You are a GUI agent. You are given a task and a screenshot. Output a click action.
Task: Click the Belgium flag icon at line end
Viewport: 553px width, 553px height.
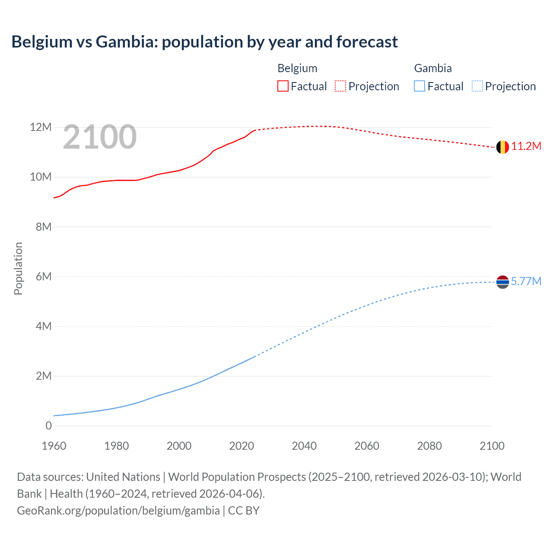502,147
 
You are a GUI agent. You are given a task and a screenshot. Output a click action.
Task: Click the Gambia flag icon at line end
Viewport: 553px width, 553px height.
502,282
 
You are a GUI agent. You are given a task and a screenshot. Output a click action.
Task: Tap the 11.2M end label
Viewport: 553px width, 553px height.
526,146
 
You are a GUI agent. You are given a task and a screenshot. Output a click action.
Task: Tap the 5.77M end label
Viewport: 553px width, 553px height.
526,282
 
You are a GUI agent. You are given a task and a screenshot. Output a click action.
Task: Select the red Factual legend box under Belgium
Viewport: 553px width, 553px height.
283,86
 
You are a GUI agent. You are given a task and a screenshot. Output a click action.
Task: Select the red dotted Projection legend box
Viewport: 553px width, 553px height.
340,86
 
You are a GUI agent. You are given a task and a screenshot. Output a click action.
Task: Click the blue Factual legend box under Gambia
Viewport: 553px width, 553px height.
420,86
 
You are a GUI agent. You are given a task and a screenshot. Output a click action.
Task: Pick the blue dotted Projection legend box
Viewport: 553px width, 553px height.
477,86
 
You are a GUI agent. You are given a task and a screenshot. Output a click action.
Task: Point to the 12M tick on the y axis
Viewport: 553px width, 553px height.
41,127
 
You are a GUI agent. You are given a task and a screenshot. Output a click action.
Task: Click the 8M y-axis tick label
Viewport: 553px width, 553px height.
43,227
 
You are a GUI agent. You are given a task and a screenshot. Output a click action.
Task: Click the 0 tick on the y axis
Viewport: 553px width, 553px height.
48,426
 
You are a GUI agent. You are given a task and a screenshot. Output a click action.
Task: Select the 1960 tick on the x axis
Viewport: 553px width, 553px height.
54,446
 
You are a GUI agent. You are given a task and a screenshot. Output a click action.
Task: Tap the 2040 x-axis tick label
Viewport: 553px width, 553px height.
304,446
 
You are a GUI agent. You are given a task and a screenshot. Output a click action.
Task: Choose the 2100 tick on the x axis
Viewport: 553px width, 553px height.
492,446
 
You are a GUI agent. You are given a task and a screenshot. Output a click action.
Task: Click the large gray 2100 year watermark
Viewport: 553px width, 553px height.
100,137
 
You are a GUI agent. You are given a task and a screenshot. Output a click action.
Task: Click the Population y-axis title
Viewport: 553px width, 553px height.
18,268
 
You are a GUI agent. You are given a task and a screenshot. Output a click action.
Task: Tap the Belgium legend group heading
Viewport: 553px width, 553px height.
297,68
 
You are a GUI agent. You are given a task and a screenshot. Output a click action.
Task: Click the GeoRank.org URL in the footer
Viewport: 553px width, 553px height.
118,511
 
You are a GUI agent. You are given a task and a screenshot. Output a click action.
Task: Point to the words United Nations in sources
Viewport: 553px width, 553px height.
123,477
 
